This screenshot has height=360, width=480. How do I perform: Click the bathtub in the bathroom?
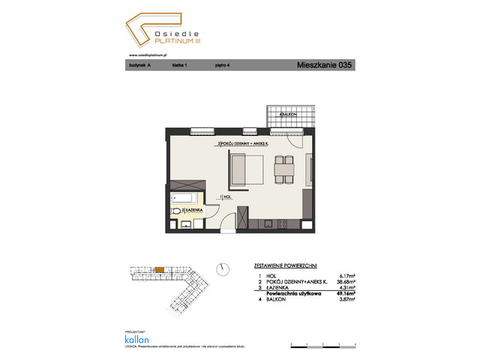click(184, 199)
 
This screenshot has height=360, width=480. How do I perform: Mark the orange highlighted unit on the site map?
click(159, 269)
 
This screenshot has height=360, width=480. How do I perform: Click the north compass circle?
click(221, 268)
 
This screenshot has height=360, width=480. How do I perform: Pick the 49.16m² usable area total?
click(345, 293)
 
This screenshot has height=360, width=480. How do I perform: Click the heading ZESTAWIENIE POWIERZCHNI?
click(280, 265)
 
